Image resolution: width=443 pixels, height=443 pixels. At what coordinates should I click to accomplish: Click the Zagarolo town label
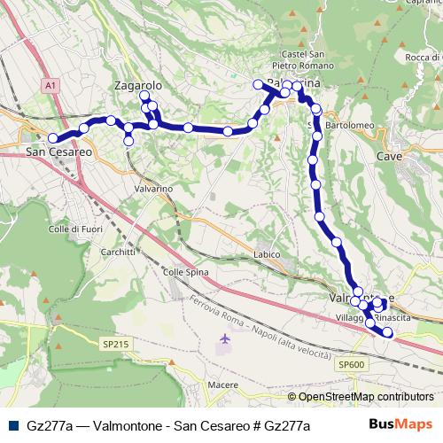click(137, 85)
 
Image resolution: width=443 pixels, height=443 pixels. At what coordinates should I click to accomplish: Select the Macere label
click(222, 385)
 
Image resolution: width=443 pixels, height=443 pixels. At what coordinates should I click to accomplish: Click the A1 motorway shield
click(50, 85)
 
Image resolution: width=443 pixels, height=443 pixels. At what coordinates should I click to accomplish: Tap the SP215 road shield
click(116, 344)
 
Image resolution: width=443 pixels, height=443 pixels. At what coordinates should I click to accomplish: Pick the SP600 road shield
click(351, 364)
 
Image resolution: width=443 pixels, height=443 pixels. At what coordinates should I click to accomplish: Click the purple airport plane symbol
click(224, 339)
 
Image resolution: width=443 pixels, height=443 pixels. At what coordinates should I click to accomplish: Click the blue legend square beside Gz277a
click(12, 425)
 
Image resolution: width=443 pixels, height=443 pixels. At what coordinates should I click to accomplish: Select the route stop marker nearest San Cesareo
click(52, 137)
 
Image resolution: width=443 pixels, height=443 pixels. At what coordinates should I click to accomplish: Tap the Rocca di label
click(423, 58)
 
